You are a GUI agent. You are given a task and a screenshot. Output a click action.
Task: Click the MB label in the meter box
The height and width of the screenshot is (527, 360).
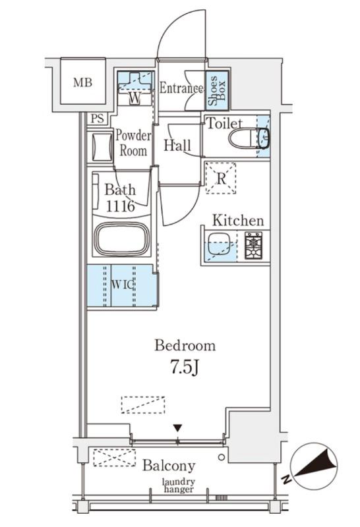pos(83,82)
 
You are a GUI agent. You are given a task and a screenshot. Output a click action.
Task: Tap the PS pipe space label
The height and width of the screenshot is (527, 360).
pos(98,119)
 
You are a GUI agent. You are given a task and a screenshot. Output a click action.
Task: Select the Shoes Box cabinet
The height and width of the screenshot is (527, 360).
pos(217,90)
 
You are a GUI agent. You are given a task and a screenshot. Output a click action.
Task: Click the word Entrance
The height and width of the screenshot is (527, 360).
pos(181,88)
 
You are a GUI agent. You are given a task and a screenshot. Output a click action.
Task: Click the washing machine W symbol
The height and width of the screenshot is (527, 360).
pos(135,98)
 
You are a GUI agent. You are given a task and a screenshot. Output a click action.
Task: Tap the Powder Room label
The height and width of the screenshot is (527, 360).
pos(133,143)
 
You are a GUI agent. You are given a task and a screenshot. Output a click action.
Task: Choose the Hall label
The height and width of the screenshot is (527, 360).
pos(177,146)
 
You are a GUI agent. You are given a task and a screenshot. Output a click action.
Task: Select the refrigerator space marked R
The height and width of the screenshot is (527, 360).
pos(221,178)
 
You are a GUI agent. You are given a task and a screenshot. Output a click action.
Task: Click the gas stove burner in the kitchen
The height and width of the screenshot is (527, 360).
pos(253,245)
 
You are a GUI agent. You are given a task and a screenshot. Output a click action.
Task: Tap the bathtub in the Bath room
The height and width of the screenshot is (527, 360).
pos(121,239)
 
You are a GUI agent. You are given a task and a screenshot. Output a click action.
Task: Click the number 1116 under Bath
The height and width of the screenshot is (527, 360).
pos(121,206)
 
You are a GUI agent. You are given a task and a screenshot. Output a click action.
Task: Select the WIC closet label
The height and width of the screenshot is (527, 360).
pos(123,285)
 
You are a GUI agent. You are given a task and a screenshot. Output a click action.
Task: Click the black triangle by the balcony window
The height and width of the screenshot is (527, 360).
pos(177,428)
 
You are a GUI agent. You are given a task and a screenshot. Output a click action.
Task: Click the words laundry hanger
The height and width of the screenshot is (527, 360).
pos(179,485)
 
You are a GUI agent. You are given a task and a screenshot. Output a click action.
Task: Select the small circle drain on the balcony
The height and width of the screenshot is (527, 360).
pos(221,457)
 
